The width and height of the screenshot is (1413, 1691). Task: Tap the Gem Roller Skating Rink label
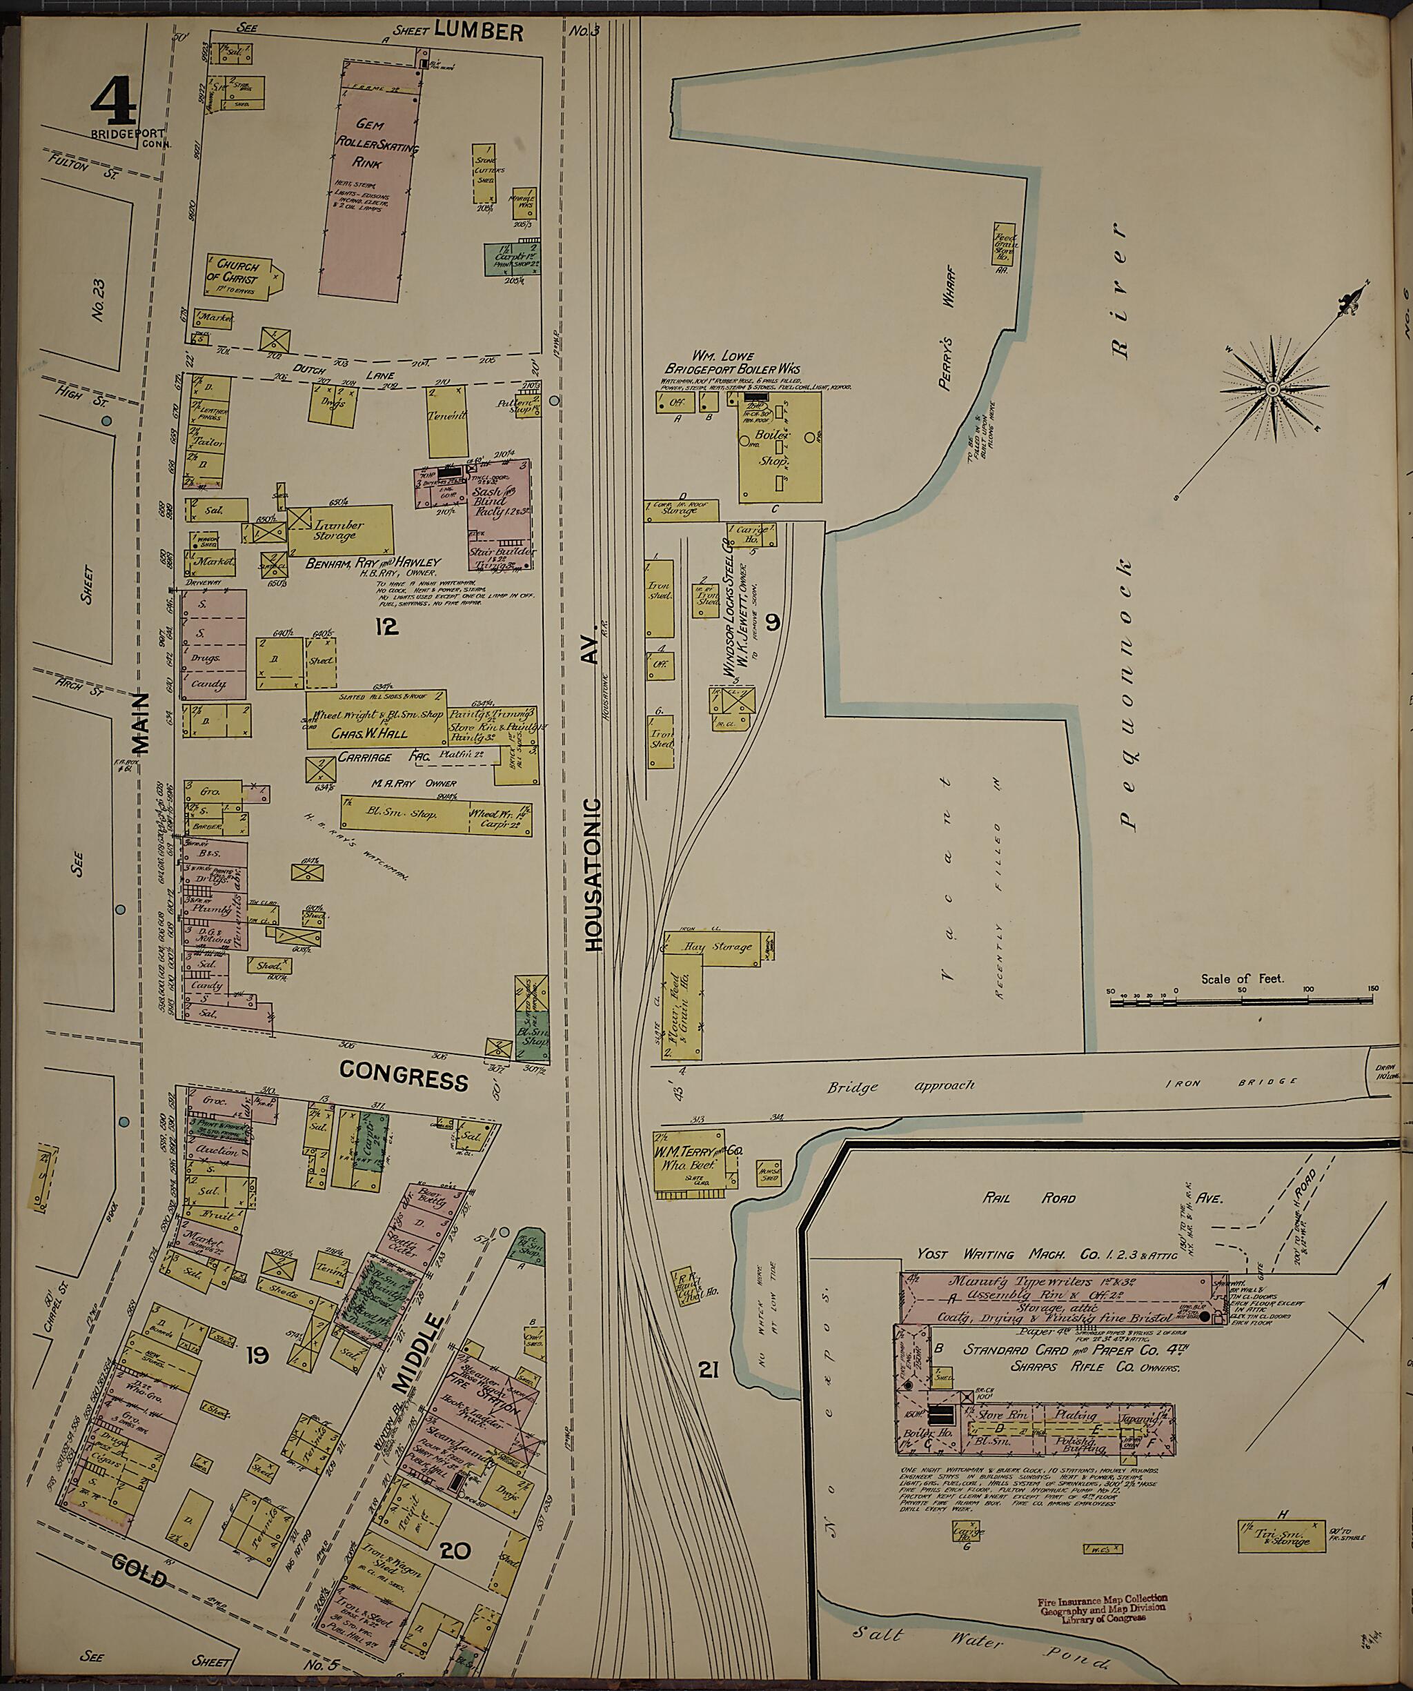tap(370, 145)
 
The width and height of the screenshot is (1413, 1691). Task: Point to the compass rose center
tap(1273, 390)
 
